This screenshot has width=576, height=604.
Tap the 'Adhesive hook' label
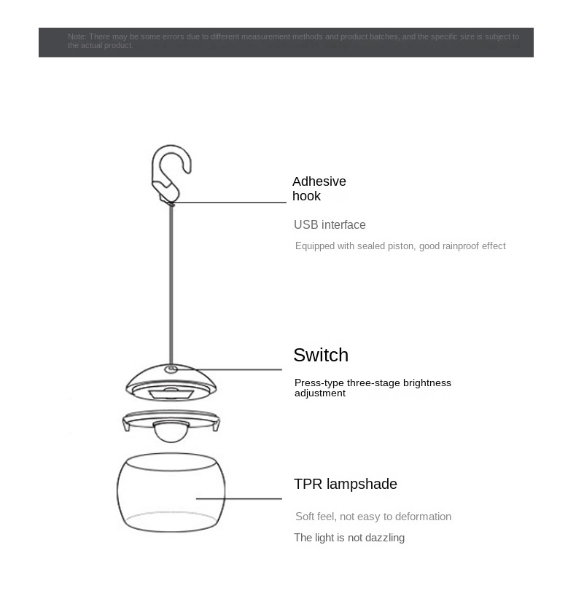click(x=319, y=189)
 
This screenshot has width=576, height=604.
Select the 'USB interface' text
click(x=330, y=225)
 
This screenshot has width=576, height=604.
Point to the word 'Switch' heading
click(x=321, y=355)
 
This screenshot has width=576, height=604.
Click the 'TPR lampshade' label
click(x=346, y=485)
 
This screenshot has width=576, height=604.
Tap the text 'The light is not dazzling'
click(x=349, y=538)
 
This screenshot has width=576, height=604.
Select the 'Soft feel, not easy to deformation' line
click(x=373, y=517)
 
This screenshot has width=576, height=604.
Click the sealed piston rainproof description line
click(x=400, y=246)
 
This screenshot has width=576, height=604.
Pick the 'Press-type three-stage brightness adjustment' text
click(x=373, y=388)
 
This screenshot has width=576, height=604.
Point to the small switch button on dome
click(x=171, y=369)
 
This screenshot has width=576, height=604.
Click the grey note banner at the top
click(x=286, y=42)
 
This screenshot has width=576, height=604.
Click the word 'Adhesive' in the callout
click(x=319, y=181)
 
